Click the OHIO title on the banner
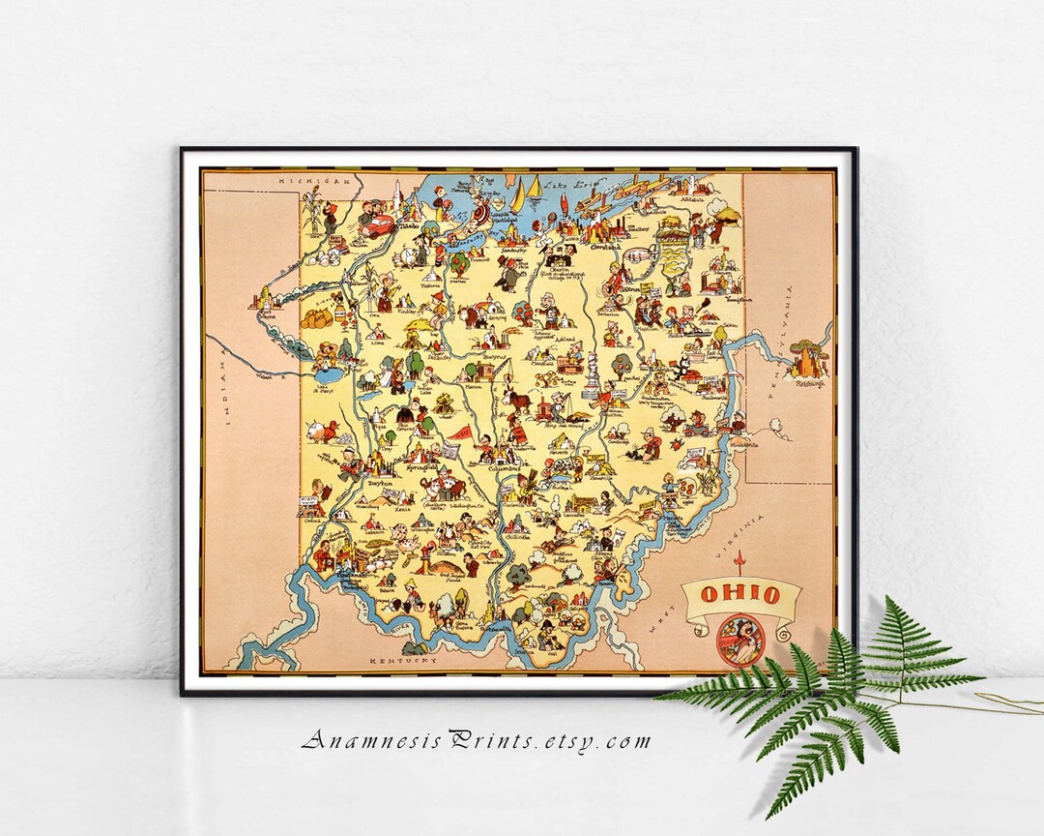click(741, 594)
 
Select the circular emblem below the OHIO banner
click(740, 640)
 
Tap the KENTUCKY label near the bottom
click(400, 659)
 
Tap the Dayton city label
click(378, 479)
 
